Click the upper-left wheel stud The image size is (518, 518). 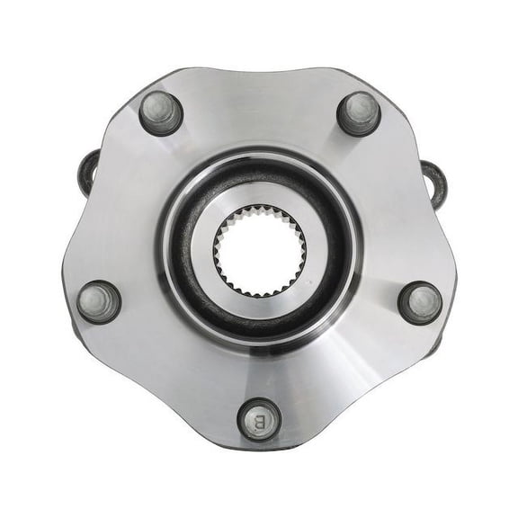click(161, 113)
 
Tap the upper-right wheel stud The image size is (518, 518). click(358, 113)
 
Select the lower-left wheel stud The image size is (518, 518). click(99, 302)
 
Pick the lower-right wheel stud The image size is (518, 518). click(419, 303)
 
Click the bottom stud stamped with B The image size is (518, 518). click(259, 419)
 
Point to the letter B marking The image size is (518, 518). click(260, 421)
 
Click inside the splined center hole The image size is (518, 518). click(260, 250)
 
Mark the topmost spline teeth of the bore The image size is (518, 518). click(260, 208)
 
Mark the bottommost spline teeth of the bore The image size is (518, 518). click(260, 292)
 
